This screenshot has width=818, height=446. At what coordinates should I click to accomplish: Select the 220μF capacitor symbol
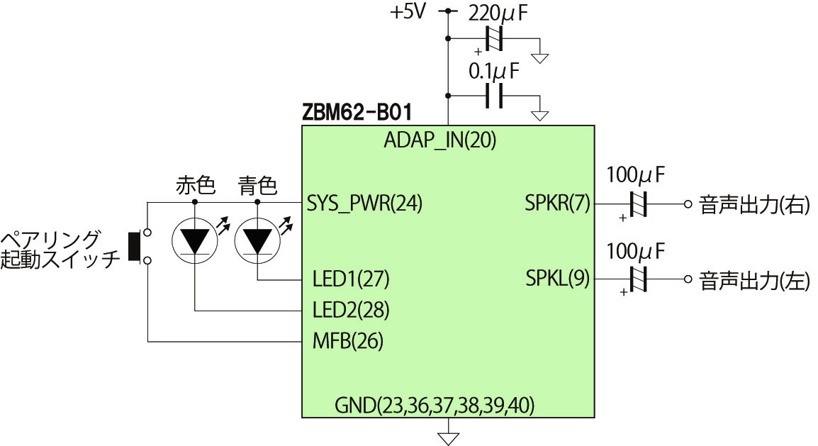pos(494,38)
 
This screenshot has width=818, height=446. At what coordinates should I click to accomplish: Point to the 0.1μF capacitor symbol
pos(494,96)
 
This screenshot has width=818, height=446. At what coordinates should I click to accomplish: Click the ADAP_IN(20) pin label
pos(439,140)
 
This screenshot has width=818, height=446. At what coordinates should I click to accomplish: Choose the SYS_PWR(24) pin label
pos(365,204)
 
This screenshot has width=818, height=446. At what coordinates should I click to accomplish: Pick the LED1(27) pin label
pos(351,279)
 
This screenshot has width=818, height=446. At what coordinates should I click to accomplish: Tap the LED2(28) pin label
pos(351,310)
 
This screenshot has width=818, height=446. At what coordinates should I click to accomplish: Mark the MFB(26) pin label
pos(347,341)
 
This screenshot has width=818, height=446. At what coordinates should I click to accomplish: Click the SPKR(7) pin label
pos(557,204)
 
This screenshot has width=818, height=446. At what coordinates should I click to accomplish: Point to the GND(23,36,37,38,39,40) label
pos(435,406)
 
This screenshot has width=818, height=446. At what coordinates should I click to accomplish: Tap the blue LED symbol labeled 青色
pos(257,240)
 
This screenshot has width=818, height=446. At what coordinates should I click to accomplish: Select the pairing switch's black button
pos(133,246)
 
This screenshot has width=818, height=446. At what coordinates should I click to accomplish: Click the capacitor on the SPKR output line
pos(639,204)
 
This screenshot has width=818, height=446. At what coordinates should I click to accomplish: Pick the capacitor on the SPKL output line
pos(639,279)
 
